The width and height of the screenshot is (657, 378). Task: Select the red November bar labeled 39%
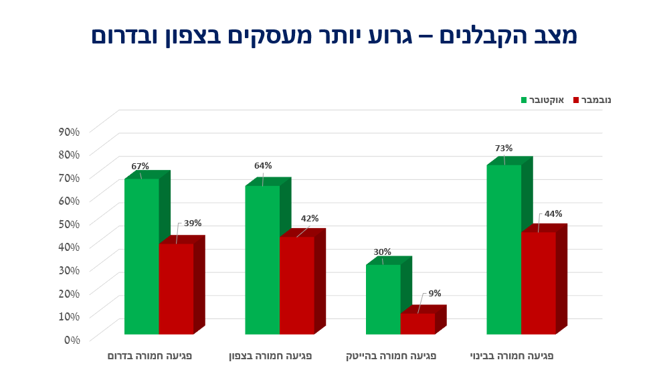tap(176, 288)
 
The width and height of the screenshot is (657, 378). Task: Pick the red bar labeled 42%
tap(296, 285)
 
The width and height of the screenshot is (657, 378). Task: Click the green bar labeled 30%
tap(383, 299)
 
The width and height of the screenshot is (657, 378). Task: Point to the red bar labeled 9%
tap(417, 324)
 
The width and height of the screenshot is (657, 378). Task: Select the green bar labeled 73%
tap(504, 249)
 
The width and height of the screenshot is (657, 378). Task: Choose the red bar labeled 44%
tap(539, 283)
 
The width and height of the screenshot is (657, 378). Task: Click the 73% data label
tap(504, 149)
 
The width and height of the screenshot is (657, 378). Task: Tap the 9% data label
tap(435, 293)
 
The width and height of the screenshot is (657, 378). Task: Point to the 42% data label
tap(310, 219)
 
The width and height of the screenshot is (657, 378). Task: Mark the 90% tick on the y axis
tap(69, 131)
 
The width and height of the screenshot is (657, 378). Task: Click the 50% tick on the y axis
tap(69, 223)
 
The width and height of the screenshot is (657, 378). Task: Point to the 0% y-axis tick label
tap(72, 339)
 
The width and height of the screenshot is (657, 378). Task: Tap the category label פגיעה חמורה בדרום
tap(150, 356)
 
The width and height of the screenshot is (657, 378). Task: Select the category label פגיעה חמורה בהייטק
tap(391, 356)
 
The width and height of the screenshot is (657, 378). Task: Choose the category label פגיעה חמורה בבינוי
tap(512, 356)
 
